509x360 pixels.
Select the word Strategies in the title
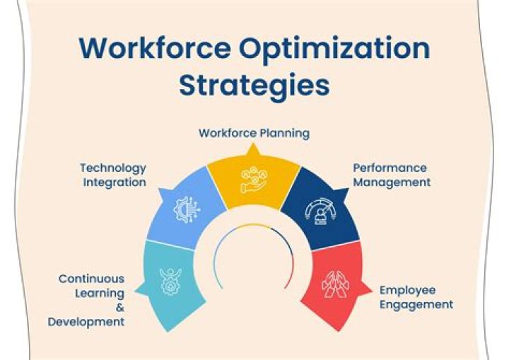(x=254, y=85)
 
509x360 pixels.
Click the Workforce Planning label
(x=254, y=132)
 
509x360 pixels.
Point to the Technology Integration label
(x=113, y=175)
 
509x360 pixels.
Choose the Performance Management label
(x=392, y=175)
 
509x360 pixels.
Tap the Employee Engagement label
(x=416, y=297)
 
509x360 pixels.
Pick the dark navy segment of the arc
(x=318, y=205)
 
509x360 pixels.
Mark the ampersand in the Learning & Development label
(x=119, y=308)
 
